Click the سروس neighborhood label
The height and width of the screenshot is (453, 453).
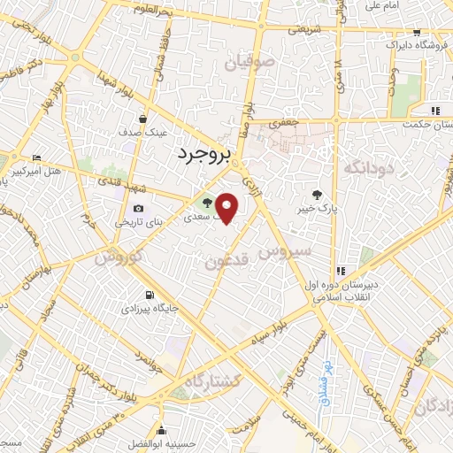pyautogui.click(x=286, y=251)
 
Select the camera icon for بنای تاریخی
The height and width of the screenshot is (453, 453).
pyautogui.click(x=137, y=209)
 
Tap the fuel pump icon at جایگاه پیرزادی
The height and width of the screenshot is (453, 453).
pyautogui.click(x=147, y=296)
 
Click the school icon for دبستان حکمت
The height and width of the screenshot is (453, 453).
pyautogui.click(x=434, y=111)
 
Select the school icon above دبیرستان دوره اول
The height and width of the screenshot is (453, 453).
pyautogui.click(x=341, y=271)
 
